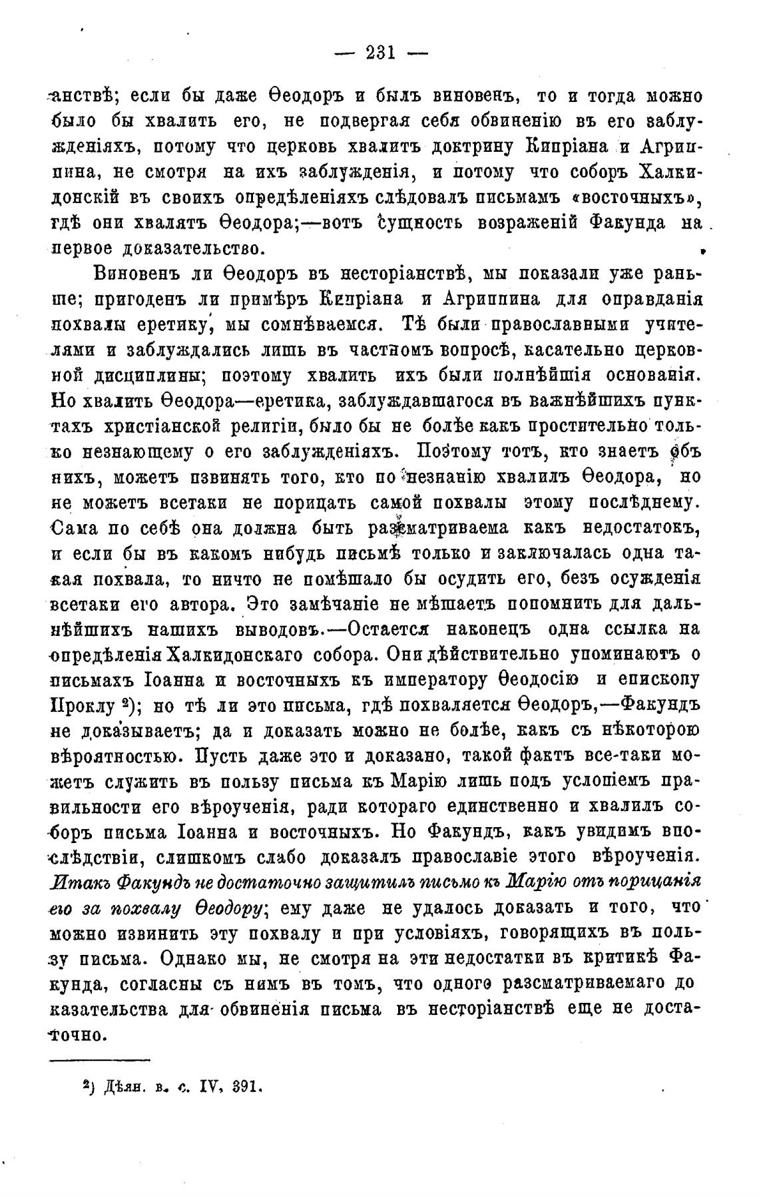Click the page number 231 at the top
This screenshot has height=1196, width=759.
380,53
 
